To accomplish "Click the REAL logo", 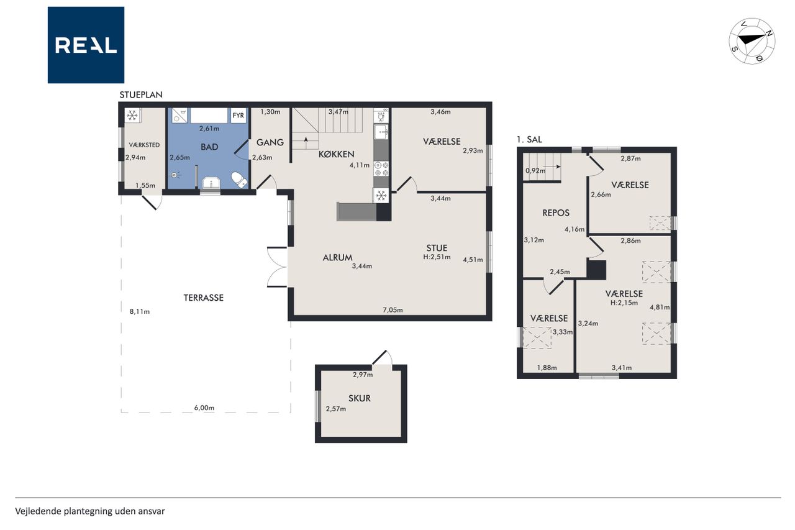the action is (86, 45).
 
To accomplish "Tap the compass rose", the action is (752, 41).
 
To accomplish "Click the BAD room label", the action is (209, 147).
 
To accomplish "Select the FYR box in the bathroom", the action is (238, 116).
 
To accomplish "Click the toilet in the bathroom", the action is (239, 180).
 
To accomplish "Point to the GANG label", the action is (270, 142).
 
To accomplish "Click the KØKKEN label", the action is (336, 154).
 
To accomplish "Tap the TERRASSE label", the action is (203, 298).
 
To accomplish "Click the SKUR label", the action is (359, 398).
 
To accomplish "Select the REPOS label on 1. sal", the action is (556, 212).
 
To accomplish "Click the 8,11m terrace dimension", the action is (140, 312).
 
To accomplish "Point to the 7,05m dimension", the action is (393, 310).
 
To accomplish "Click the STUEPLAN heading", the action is (141, 95).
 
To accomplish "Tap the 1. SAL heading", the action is (529, 140).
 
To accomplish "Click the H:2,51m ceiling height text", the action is (437, 257).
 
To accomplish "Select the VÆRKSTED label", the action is (144, 145).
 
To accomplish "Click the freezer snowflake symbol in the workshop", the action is (132, 116).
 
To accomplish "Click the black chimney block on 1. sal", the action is (596, 270).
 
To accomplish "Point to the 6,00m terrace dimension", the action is (204, 408).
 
